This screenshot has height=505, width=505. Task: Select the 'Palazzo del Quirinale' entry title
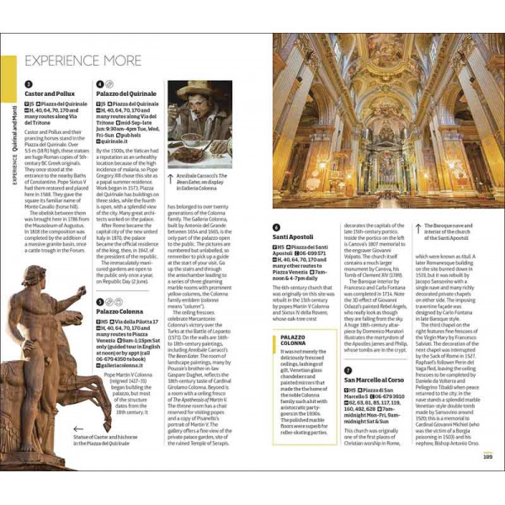127,95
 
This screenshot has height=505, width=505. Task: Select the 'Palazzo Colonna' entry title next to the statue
120,311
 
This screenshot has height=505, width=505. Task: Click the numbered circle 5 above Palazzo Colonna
99,301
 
